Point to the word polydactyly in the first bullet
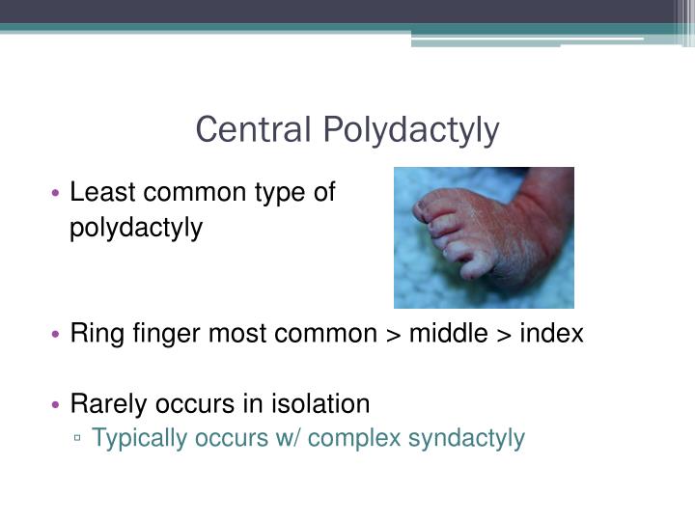pyautogui.click(x=136, y=229)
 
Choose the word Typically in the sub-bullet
pyautogui.click(x=139, y=439)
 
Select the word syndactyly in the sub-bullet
pyautogui.click(x=466, y=439)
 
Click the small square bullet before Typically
pyautogui.click(x=78, y=439)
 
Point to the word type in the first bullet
pyautogui.click(x=281, y=193)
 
